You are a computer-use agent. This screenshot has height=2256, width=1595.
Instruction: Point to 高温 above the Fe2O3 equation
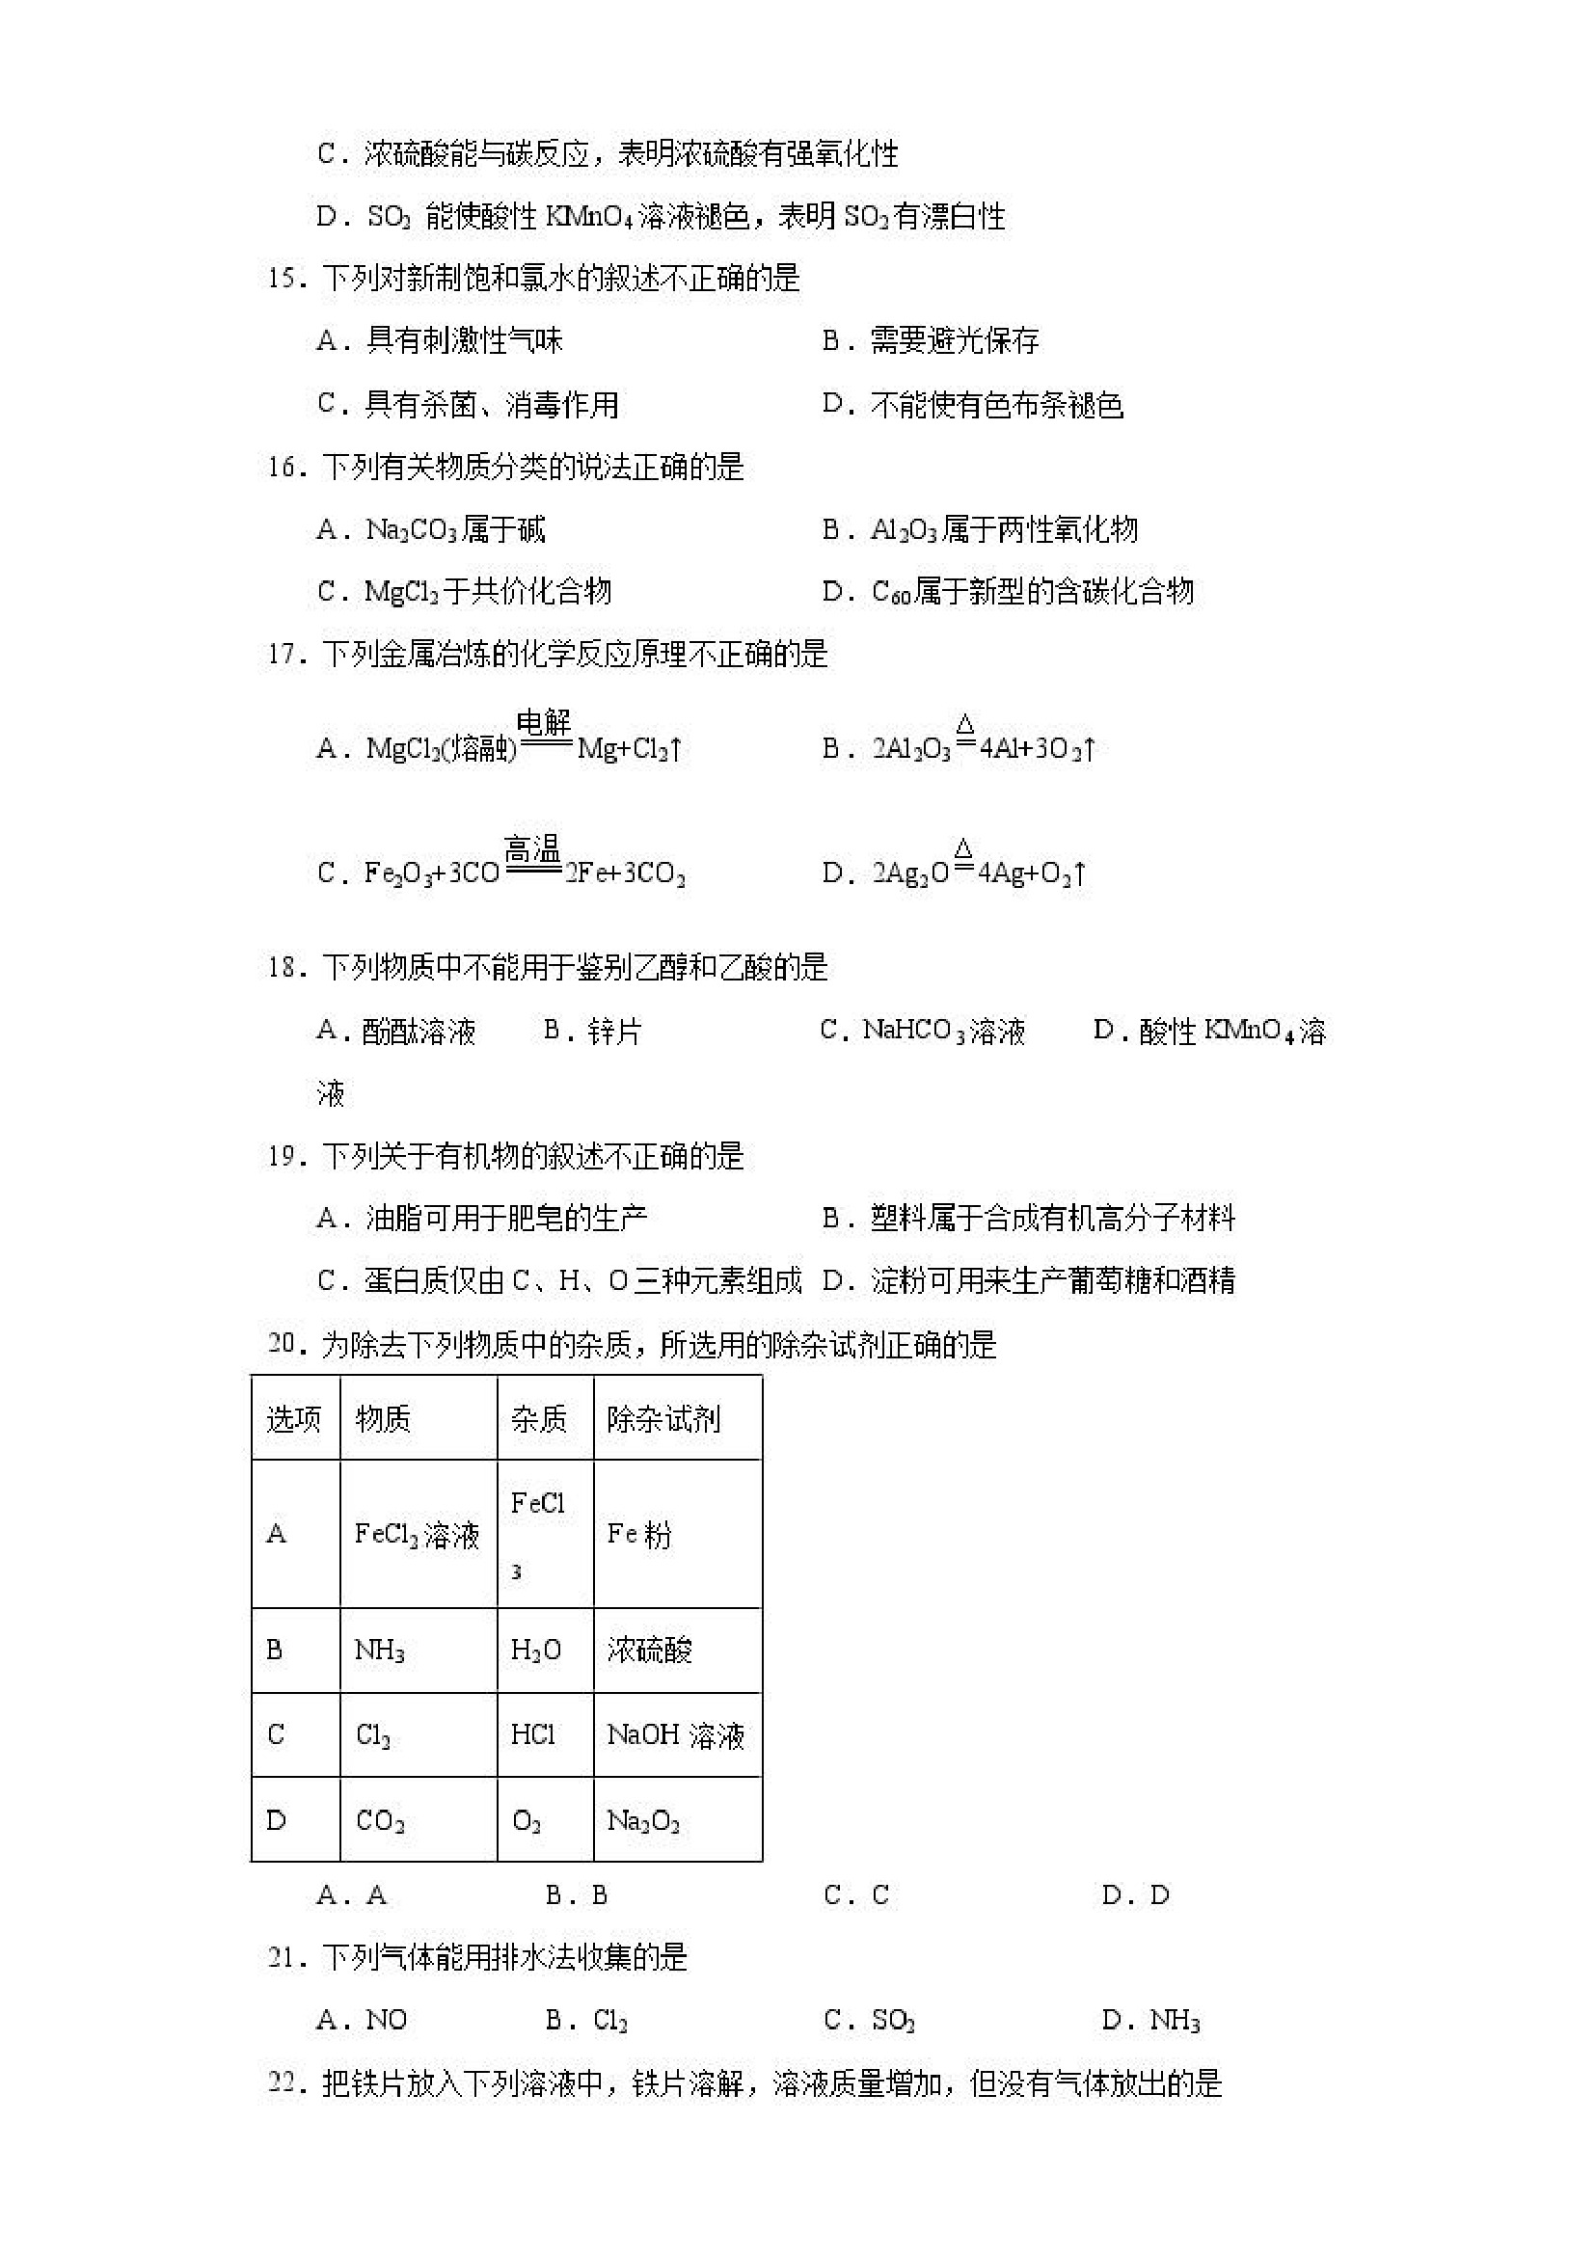pos(531,849)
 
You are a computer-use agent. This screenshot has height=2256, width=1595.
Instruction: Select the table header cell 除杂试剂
pos(663,1419)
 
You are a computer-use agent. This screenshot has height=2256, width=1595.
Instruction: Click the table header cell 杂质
pos(538,1419)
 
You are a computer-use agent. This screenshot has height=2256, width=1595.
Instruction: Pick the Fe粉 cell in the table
pos(638,1534)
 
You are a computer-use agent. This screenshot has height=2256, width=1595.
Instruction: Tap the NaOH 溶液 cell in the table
pos(675,1735)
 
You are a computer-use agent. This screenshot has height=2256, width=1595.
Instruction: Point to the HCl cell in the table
pos(532,1735)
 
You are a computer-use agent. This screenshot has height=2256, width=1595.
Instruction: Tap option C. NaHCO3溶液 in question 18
pos(923,1032)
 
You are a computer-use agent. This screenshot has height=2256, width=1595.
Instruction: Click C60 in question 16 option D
pos(891,593)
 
